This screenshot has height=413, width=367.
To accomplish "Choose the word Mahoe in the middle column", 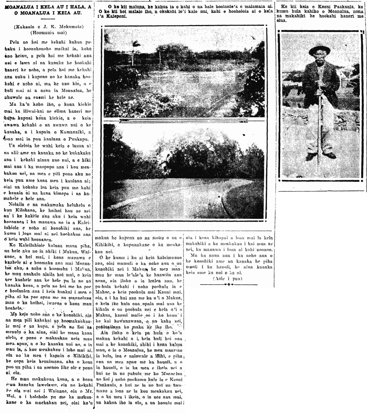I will click(102, 292).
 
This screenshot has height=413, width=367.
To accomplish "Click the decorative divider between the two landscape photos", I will click(183, 121).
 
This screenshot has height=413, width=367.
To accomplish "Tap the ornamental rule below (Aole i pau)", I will click(229, 284).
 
